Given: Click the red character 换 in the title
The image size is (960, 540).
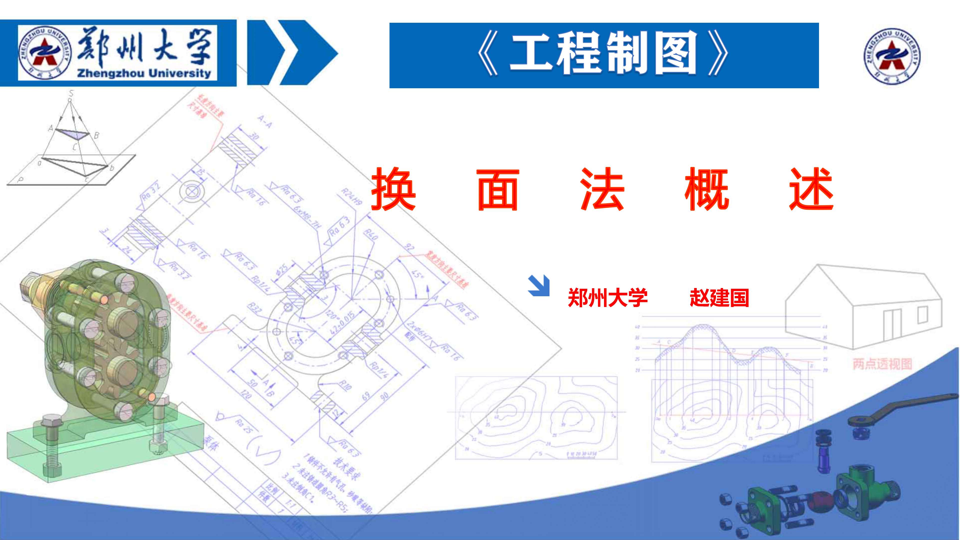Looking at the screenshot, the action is point(393,189).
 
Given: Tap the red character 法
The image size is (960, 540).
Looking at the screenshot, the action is point(602,189).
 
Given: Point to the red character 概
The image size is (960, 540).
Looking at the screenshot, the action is point(706,189).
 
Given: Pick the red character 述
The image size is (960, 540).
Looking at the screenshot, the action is point(811,189).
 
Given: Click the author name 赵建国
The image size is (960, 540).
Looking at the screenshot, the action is point(719,298).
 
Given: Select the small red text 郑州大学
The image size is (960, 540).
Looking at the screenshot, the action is point(607,298).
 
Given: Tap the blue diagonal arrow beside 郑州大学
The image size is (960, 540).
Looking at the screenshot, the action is point(539,286).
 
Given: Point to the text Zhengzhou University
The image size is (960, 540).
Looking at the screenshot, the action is point(144,73).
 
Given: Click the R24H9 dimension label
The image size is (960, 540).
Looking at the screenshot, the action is point(351,197).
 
